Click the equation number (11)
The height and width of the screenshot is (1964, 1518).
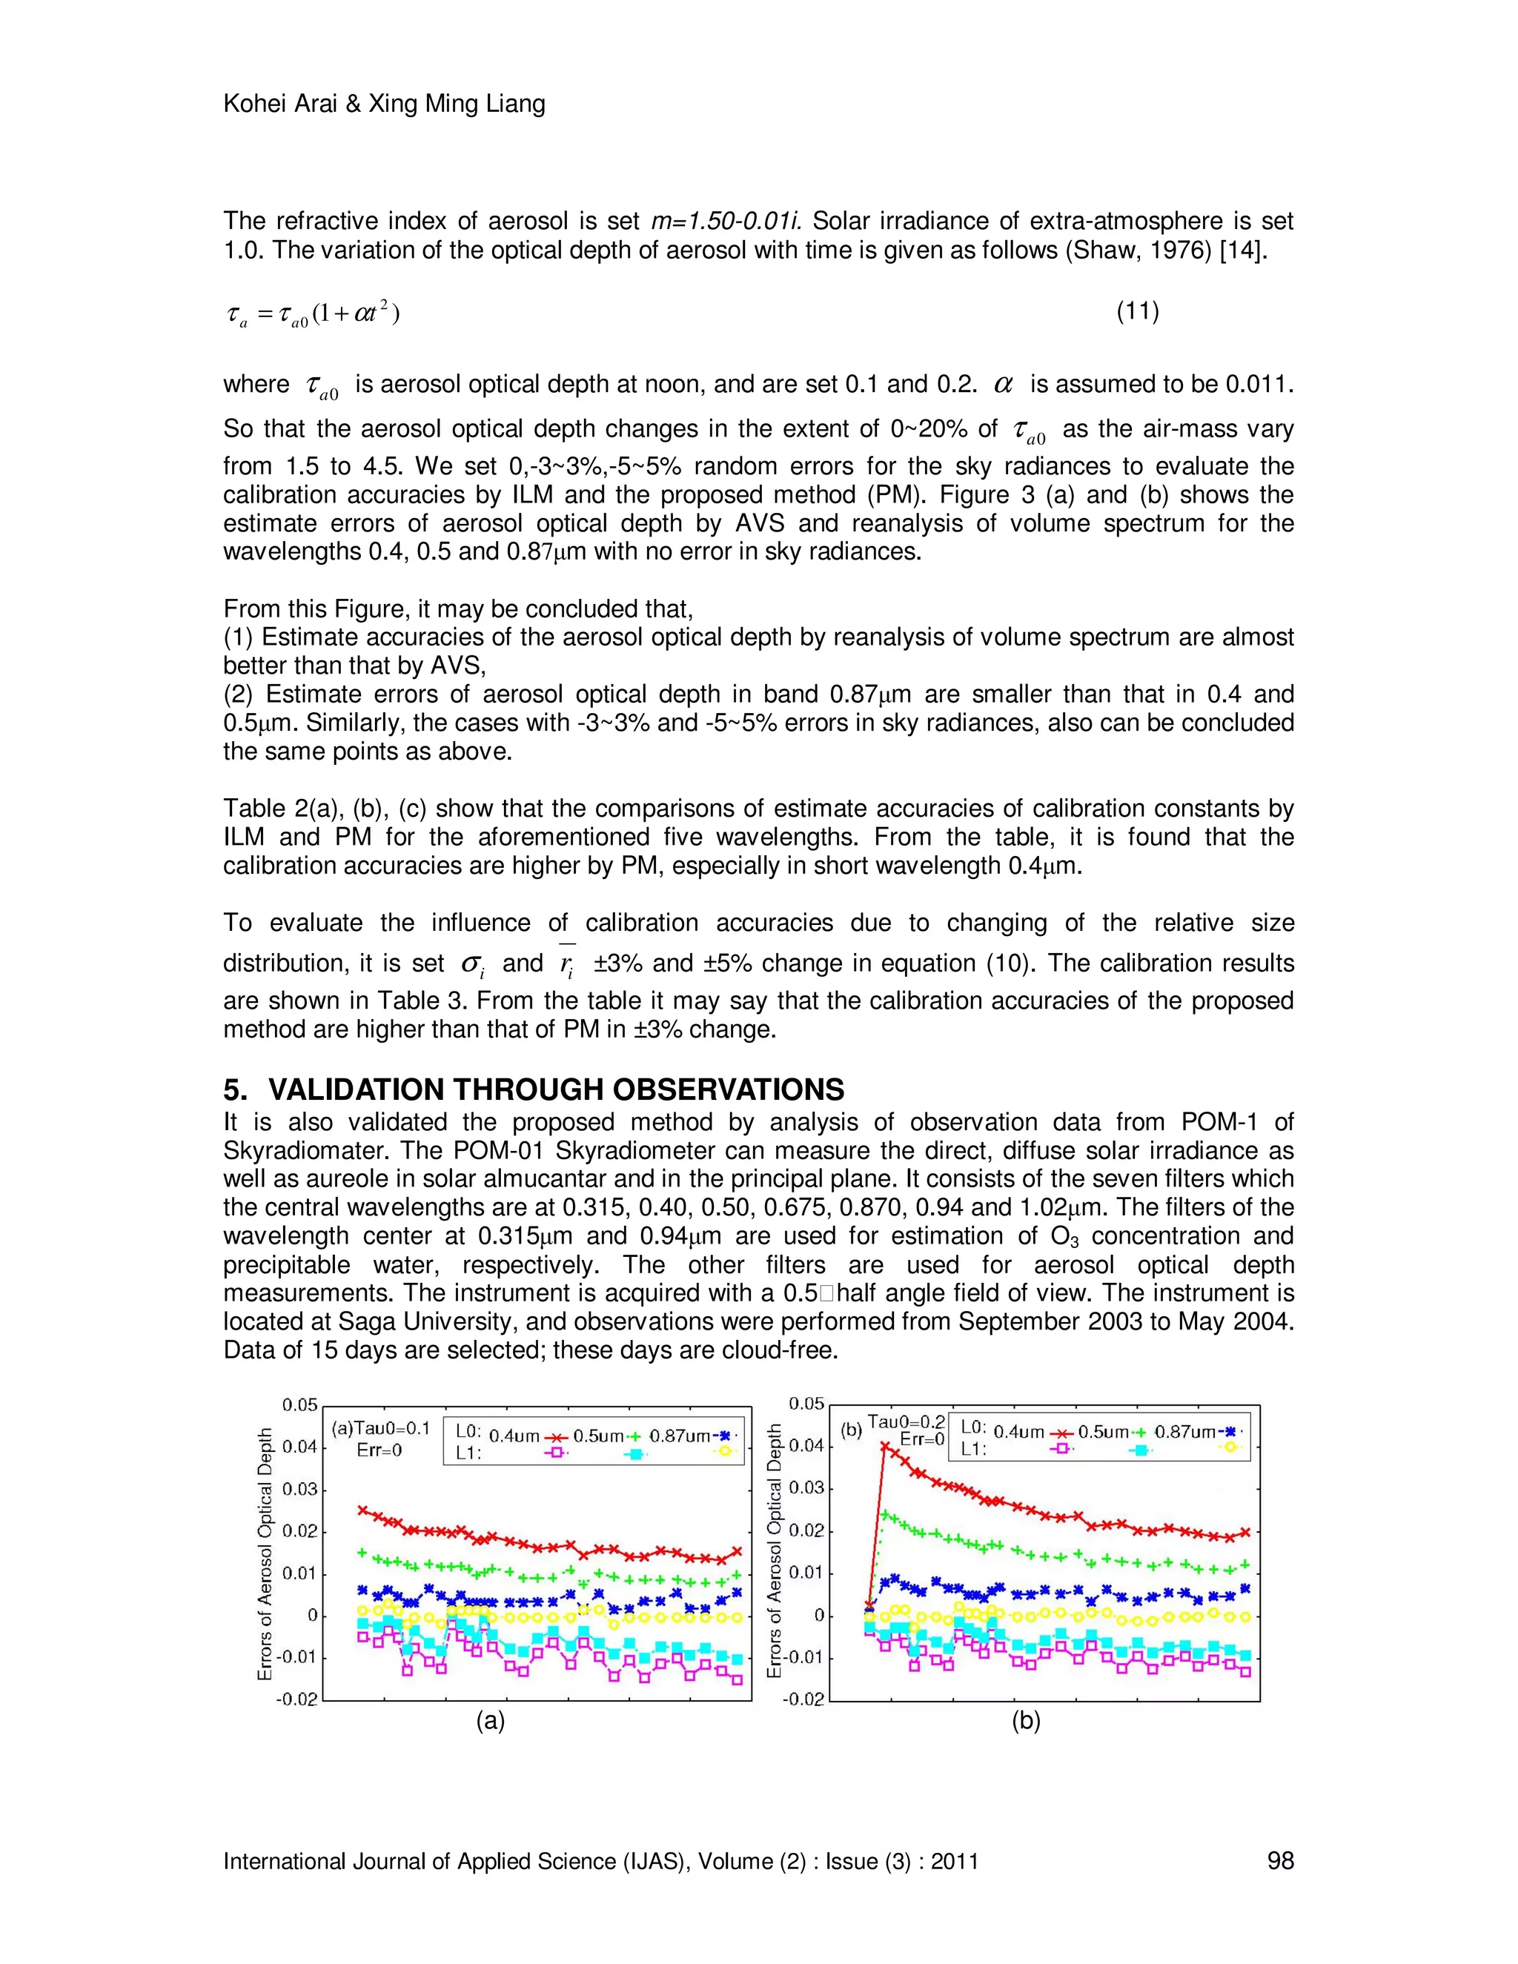(1137, 312)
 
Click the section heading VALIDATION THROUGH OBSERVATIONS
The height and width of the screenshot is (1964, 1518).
(555, 1090)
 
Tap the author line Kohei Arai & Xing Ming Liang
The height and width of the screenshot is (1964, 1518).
(384, 104)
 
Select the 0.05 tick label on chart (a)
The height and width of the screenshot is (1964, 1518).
(299, 1405)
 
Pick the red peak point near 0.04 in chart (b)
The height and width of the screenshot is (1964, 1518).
(885, 1446)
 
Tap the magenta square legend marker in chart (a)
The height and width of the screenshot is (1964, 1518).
(557, 1451)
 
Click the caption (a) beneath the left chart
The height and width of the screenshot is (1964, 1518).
(490, 1721)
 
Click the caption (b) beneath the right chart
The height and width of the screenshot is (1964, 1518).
(1025, 1721)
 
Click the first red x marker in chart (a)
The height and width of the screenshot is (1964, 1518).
(363, 1510)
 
